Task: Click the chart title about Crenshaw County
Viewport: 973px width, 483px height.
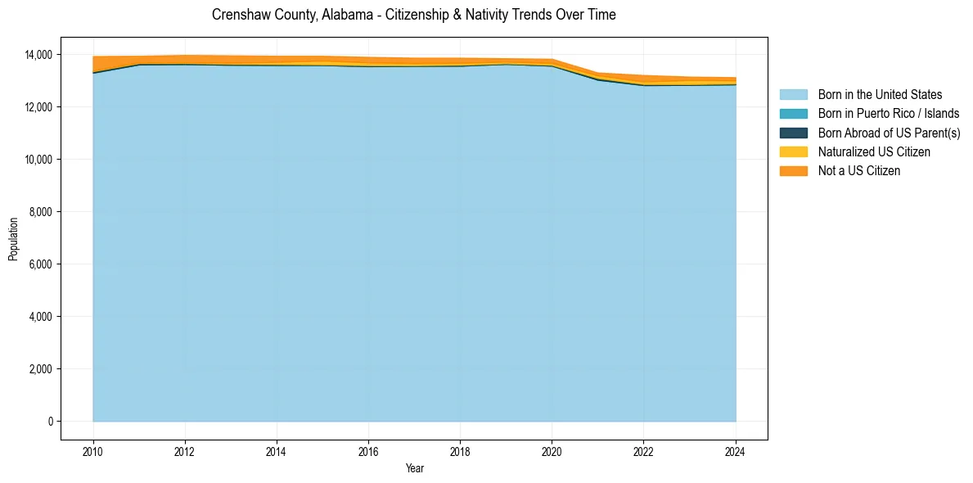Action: point(413,15)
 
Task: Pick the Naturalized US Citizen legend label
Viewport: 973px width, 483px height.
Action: point(874,152)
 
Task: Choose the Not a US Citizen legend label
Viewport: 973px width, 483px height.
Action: point(859,171)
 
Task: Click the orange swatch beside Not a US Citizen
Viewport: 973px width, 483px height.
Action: point(793,171)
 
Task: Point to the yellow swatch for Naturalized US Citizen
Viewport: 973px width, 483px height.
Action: point(793,152)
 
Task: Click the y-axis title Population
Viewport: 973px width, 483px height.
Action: point(13,238)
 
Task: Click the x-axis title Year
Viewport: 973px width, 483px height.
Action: point(415,468)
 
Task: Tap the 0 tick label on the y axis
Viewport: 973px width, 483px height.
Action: point(50,422)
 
